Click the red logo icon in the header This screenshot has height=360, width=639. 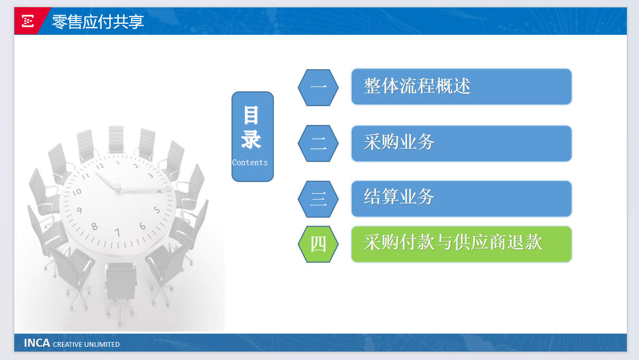pyautogui.click(x=27, y=21)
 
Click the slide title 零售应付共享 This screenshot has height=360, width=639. pyautogui.click(x=98, y=22)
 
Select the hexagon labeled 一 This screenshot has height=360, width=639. pyautogui.click(x=318, y=88)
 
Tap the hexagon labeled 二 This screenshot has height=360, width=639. pyautogui.click(x=318, y=144)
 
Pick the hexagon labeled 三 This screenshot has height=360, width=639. pyautogui.click(x=318, y=199)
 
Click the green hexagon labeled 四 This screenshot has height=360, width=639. pyautogui.click(x=318, y=244)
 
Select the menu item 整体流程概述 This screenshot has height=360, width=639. pyautogui.click(x=461, y=87)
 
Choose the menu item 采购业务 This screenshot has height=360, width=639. pyautogui.click(x=461, y=144)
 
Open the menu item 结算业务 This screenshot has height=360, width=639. pyautogui.click(x=461, y=198)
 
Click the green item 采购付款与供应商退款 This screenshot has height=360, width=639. pyautogui.click(x=461, y=244)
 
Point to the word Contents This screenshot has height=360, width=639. pyautogui.click(x=250, y=163)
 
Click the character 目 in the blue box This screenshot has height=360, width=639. pyautogui.click(x=251, y=115)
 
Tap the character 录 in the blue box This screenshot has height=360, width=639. pyautogui.click(x=251, y=139)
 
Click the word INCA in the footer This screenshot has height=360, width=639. pyautogui.click(x=37, y=343)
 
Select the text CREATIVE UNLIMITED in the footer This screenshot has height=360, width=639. pyautogui.click(x=86, y=344)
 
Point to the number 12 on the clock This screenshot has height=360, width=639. pyautogui.click(x=100, y=166)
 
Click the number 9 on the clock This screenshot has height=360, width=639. pyautogui.click(x=79, y=211)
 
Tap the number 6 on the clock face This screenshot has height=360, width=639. pyautogui.click(x=143, y=226)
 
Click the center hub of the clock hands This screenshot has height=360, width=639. pyautogui.click(x=118, y=187)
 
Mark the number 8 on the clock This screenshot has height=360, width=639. pyautogui.click(x=95, y=226)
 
